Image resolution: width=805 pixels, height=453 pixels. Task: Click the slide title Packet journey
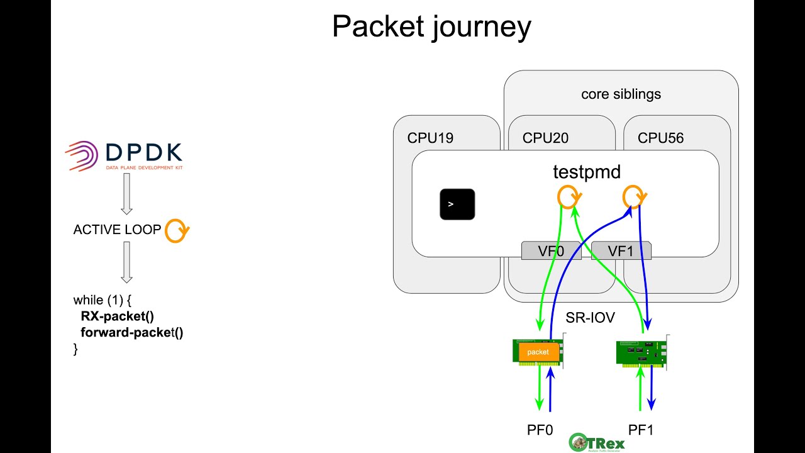click(431, 28)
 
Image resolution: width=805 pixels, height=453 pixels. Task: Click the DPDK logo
click(125, 155)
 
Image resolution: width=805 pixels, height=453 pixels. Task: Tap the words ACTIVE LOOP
click(117, 230)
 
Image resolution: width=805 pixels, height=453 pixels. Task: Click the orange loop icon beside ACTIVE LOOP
click(177, 231)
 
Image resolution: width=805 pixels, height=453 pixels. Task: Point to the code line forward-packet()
click(131, 332)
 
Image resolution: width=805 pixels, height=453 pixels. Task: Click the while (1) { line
click(102, 300)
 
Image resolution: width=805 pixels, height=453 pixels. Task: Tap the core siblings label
click(621, 94)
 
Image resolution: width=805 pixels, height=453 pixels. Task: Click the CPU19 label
click(430, 138)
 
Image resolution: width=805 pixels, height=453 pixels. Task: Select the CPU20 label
click(546, 138)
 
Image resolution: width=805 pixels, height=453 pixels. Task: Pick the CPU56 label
click(660, 138)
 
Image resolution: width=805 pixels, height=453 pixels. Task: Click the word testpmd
click(586, 171)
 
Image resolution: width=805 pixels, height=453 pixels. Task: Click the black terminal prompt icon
click(457, 204)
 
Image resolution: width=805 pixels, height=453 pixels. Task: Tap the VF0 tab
click(551, 251)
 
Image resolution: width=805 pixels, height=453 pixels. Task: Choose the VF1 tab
click(621, 251)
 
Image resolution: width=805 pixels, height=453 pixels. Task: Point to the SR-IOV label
click(590, 318)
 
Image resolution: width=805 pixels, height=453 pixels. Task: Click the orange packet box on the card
click(538, 352)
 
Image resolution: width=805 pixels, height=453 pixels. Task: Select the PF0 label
click(540, 430)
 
